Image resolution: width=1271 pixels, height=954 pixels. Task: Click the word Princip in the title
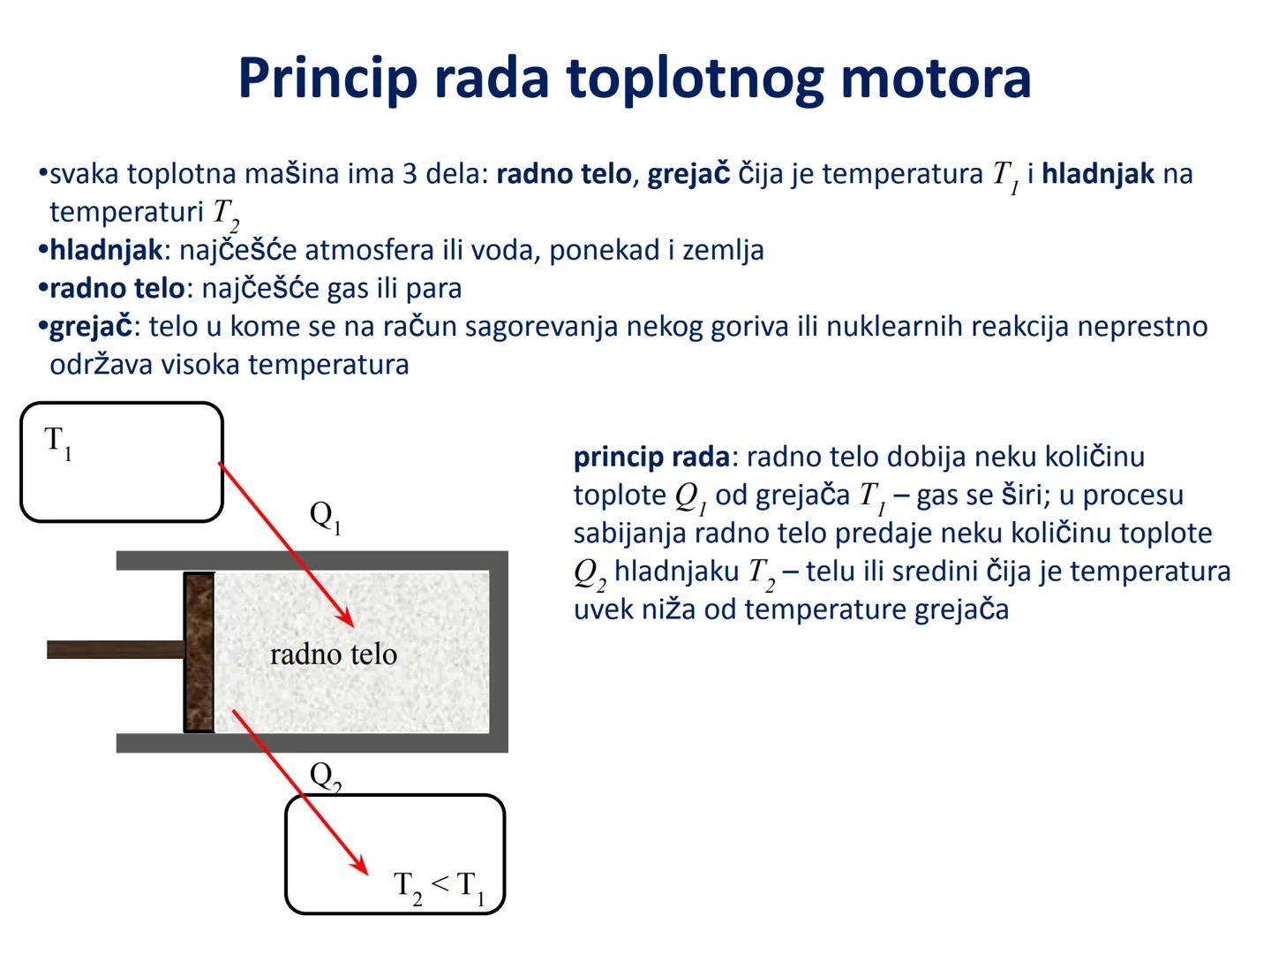click(327, 79)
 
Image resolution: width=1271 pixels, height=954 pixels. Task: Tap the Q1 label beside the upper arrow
click(325, 517)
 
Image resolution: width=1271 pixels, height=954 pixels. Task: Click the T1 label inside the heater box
click(58, 442)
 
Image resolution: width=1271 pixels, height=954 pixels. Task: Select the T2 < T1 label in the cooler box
click(439, 886)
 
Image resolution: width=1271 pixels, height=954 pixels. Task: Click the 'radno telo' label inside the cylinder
click(333, 655)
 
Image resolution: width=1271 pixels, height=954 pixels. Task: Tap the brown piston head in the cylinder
click(199, 652)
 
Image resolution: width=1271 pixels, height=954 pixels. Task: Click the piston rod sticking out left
click(115, 650)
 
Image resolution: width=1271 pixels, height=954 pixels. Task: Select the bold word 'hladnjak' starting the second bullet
click(106, 251)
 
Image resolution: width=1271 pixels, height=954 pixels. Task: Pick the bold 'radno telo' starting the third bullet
click(117, 289)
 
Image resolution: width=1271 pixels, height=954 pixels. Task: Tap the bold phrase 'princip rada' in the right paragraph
click(651, 458)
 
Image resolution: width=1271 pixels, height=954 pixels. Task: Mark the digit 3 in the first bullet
click(410, 174)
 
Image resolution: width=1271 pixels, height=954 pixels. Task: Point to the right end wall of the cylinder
click(499, 652)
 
